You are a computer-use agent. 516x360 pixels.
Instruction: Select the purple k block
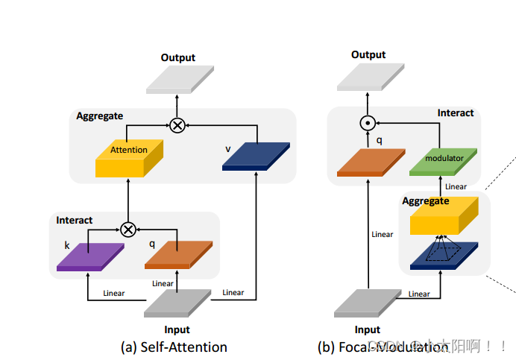pyautogui.click(x=89, y=255)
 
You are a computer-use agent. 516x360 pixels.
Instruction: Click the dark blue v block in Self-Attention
pyautogui.click(x=257, y=155)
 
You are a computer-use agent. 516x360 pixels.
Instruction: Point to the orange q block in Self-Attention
pyautogui.click(x=178, y=253)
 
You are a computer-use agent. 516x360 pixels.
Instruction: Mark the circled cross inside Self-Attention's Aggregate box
pyautogui.click(x=177, y=125)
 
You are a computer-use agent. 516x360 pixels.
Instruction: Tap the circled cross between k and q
pyautogui.click(x=128, y=228)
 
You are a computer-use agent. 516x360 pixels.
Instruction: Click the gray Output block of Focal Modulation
pyautogui.click(x=368, y=77)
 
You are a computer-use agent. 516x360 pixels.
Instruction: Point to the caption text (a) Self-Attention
pyautogui.click(x=174, y=347)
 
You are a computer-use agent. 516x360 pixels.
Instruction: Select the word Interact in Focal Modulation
pyautogui.click(x=455, y=113)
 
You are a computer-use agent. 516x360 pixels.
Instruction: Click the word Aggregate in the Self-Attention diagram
pyautogui.click(x=99, y=116)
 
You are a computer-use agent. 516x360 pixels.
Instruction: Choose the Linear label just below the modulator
pyautogui.click(x=456, y=186)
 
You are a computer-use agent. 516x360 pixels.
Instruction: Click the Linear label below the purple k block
pyautogui.click(x=114, y=293)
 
